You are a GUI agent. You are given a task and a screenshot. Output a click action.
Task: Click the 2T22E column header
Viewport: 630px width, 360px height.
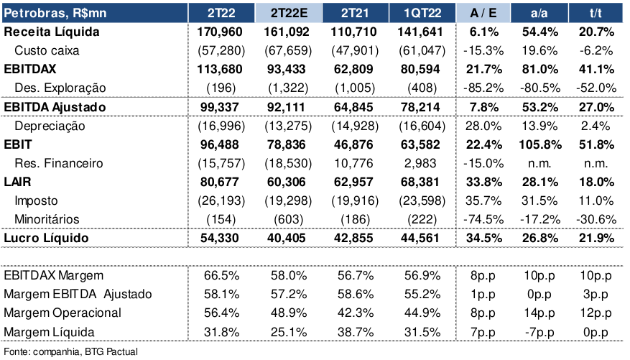[x=289, y=13]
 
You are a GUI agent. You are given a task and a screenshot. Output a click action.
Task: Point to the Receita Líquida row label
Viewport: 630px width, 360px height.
[x=51, y=32]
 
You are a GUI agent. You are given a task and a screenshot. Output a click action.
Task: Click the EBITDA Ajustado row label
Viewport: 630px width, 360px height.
[x=55, y=107]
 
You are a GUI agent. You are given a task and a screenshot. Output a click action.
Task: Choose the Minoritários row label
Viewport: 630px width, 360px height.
[x=49, y=219]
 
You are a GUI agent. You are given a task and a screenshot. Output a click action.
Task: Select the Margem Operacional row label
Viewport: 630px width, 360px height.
[x=62, y=313]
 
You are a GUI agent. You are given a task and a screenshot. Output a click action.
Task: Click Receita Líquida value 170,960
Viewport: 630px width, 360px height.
[x=221, y=32]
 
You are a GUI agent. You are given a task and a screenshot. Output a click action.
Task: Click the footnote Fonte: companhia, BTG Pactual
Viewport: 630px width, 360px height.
[x=70, y=351]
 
